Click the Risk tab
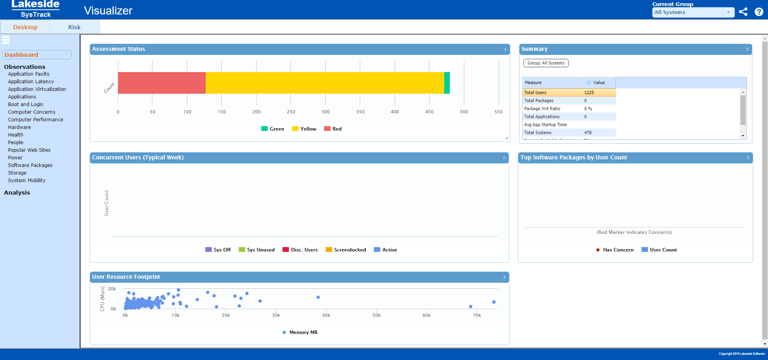click(74, 27)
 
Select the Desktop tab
click(25, 27)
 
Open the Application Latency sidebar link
click(31, 82)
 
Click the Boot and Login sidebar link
click(26, 105)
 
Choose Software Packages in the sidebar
click(30, 165)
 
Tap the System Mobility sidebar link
click(27, 181)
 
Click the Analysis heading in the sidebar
click(17, 193)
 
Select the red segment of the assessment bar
click(162, 83)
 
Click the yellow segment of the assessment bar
click(325, 83)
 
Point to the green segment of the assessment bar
click(447, 83)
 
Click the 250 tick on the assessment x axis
click(291, 112)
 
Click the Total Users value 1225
click(589, 93)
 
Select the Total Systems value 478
click(588, 133)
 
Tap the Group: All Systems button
click(546, 63)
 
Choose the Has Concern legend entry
click(615, 250)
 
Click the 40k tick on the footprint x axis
click(326, 316)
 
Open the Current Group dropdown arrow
click(728, 12)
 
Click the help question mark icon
click(758, 12)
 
